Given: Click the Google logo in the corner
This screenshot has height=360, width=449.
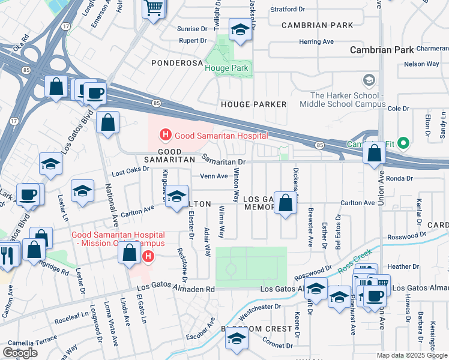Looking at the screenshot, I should (x=20, y=353).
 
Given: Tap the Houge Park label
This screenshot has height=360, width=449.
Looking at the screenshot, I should (x=226, y=68).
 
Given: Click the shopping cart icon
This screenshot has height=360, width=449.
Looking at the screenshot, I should (x=154, y=8).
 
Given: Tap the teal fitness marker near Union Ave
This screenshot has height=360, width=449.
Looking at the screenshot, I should (x=403, y=143).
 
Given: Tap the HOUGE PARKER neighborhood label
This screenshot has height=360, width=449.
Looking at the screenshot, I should (x=254, y=104).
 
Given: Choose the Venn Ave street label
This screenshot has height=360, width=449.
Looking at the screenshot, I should (x=214, y=176).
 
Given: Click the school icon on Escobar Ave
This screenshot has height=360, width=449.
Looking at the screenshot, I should (x=237, y=340).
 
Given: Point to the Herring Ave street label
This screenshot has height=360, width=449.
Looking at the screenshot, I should (x=316, y=41).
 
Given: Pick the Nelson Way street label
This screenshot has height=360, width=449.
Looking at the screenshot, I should (x=421, y=64).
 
